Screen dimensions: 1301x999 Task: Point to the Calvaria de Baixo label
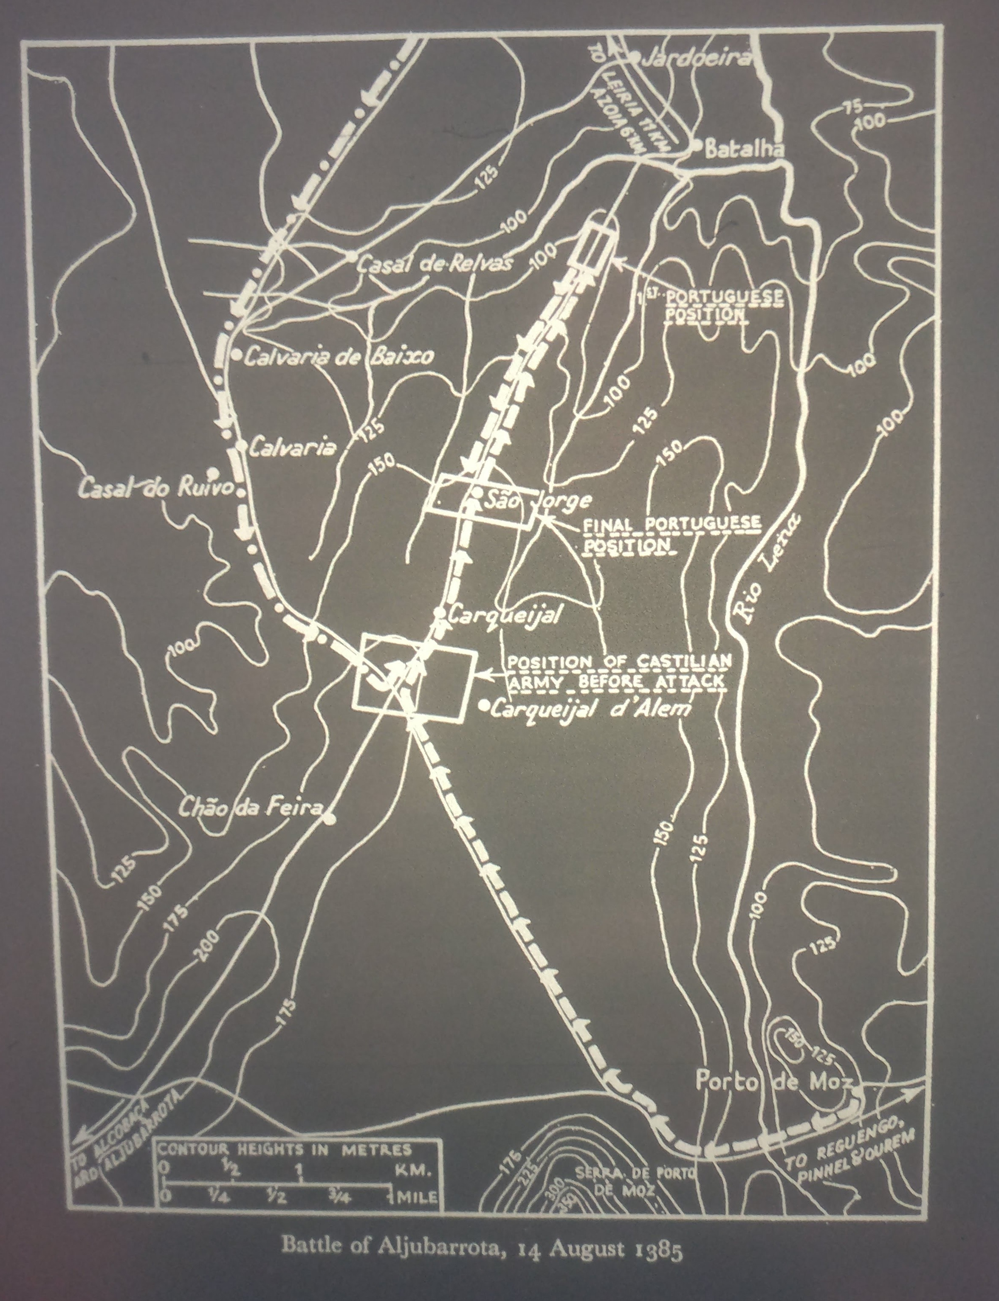[339, 355]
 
